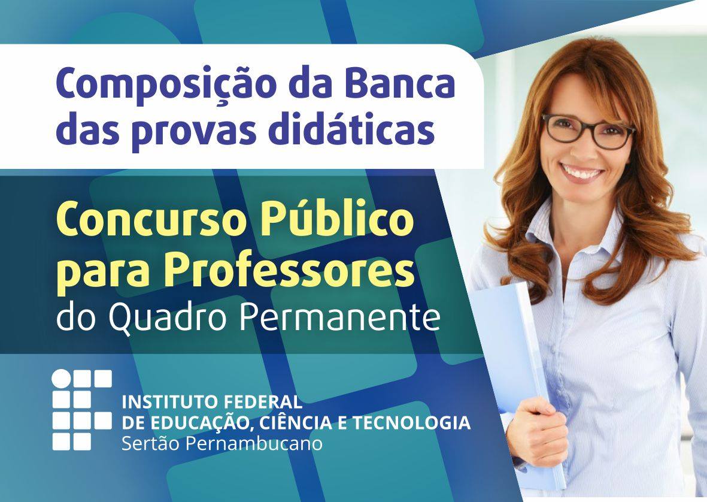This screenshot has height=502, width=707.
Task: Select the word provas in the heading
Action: point(195,131)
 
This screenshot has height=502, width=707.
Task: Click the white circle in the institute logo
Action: point(61,379)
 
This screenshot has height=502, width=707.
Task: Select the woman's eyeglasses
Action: point(588,131)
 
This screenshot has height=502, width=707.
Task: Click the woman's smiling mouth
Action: point(582,173)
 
